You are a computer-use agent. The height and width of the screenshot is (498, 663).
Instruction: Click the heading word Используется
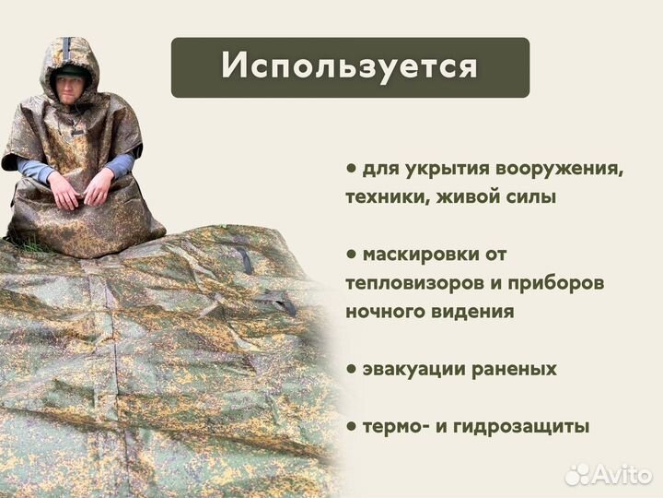tap(350, 67)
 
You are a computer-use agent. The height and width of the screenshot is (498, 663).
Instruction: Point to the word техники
tap(382, 196)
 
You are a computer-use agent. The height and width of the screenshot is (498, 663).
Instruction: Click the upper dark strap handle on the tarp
tap(243, 259)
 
